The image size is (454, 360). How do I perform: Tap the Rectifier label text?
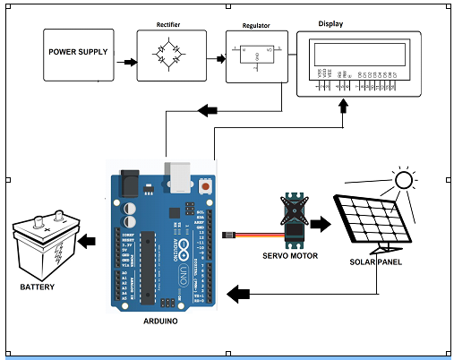coord(167,23)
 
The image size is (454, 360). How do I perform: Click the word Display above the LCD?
coord(332,24)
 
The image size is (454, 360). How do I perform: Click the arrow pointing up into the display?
coord(343,107)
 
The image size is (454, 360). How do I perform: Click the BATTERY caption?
coord(37,287)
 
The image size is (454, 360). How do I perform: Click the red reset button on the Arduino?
coord(207,187)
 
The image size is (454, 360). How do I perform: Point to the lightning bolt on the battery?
coord(58,249)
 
